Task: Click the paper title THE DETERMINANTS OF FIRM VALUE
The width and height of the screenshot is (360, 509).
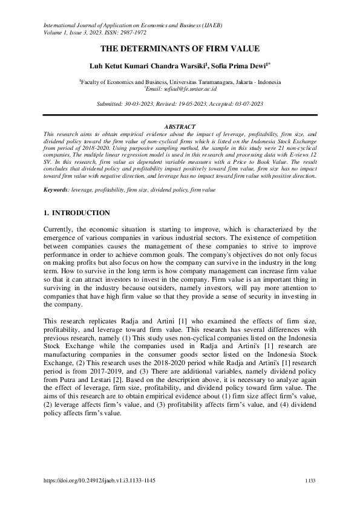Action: pos(180,48)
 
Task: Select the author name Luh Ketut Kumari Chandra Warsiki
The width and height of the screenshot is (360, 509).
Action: pos(137,65)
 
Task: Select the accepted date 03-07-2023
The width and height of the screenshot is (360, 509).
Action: pos(244,104)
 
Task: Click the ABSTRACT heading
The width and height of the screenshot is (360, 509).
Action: pos(180,126)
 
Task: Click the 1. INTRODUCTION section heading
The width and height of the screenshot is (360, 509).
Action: pos(77,213)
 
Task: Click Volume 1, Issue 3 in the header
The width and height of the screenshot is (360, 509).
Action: pos(72,33)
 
